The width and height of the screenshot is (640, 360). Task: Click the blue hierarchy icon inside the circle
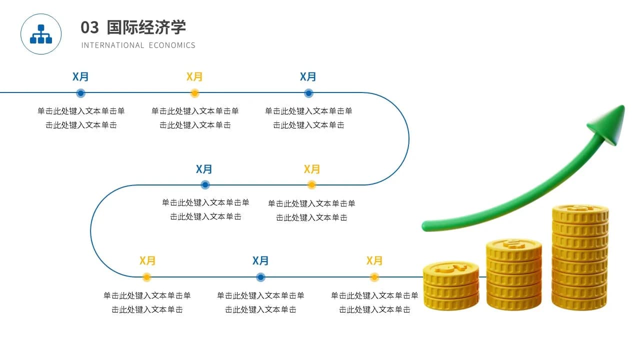point(41,34)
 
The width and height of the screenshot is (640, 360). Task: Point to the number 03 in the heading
point(90,27)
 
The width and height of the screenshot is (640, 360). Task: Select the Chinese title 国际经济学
point(146,27)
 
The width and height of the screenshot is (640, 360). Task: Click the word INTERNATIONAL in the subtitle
point(112,45)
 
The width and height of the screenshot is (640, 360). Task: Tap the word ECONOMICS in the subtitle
point(172,45)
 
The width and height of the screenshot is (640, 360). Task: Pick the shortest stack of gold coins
point(450,285)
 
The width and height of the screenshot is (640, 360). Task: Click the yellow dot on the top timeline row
point(194,93)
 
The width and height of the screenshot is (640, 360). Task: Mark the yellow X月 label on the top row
point(194,76)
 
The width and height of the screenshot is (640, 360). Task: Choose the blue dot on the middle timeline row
point(205,185)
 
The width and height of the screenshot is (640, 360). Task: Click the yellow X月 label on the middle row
point(312,169)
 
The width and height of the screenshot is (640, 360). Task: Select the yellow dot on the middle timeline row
point(311,185)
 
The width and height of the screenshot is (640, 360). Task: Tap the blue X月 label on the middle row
point(204,169)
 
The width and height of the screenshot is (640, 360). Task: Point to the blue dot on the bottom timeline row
point(260,277)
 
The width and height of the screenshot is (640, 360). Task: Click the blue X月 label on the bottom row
point(260,260)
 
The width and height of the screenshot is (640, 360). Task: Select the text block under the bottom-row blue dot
point(260,302)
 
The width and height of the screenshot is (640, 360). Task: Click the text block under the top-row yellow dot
point(195,118)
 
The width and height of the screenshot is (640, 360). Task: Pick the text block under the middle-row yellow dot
point(311,210)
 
